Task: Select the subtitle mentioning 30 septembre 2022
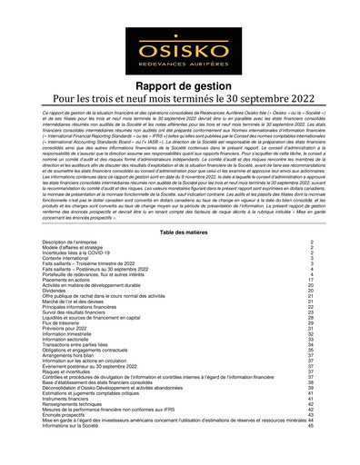179,100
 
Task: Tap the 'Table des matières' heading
179,233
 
